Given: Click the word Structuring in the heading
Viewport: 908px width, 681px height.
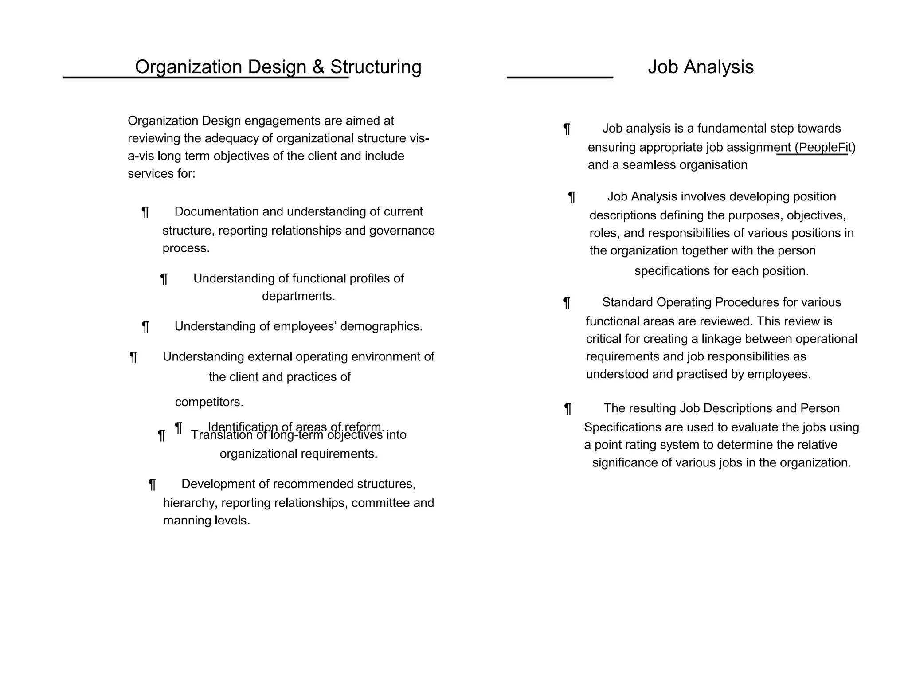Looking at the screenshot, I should [376, 67].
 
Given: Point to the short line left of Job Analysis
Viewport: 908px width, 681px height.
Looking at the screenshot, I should [560, 78].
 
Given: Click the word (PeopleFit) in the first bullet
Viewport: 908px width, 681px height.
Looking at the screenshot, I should [825, 147].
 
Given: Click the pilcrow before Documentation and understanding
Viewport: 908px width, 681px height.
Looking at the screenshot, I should [145, 212].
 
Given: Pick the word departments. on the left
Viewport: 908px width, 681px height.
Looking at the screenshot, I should [298, 296].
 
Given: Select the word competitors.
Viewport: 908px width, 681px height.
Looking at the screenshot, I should [209, 402].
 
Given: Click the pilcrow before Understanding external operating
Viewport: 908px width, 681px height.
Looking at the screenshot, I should [133, 357].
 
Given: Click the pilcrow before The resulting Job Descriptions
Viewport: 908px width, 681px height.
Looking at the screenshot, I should [568, 409].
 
